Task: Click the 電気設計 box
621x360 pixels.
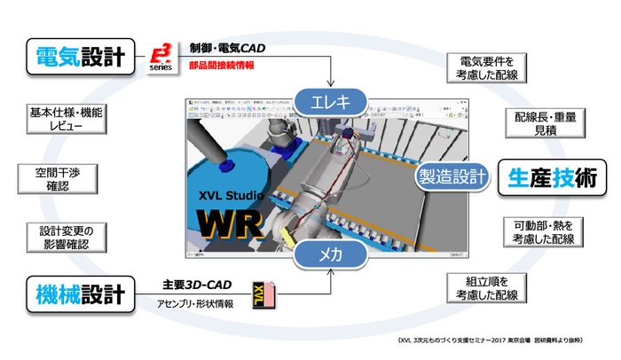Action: coord(80,57)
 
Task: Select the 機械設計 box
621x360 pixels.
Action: coord(80,290)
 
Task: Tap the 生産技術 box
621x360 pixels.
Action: coord(546,176)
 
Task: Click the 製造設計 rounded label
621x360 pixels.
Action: coord(452,176)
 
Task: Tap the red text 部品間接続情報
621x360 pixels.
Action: coord(222,65)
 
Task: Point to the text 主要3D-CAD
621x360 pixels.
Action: coord(197,286)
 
